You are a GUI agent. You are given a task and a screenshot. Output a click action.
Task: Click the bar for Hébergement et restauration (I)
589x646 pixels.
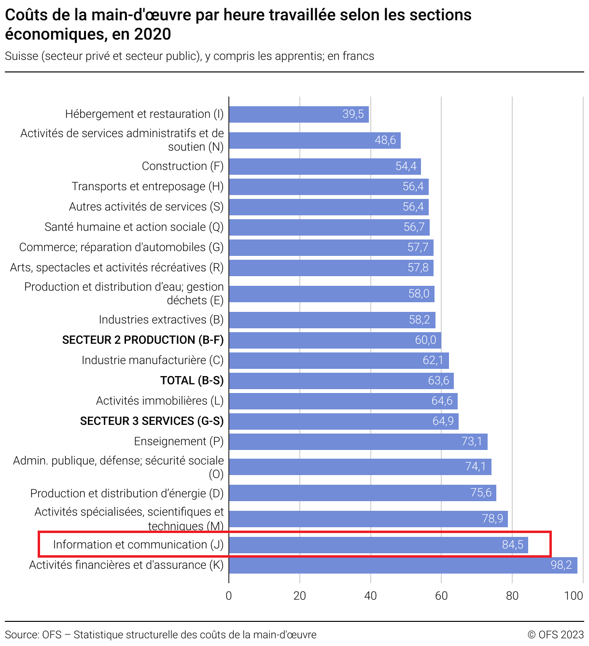click(x=298, y=114)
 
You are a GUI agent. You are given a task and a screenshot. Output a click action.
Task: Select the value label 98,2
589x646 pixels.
click(x=561, y=565)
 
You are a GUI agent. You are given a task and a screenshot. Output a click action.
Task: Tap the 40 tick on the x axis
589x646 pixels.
click(x=370, y=596)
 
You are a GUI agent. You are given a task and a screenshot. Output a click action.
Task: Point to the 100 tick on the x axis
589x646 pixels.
click(x=574, y=596)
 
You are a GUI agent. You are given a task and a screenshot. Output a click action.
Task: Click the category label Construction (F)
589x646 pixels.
click(x=182, y=166)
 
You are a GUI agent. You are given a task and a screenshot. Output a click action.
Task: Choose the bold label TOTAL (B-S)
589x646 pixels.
click(x=192, y=380)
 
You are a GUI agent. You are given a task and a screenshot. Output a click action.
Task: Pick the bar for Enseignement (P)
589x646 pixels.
click(x=358, y=441)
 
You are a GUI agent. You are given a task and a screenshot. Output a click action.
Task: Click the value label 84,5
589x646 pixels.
click(x=512, y=545)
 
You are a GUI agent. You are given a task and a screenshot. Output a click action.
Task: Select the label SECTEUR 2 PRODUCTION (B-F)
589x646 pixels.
click(x=143, y=340)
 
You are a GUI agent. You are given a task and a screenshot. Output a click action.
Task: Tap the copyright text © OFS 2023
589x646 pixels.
click(x=555, y=634)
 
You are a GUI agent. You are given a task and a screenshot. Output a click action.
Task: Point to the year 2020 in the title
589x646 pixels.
click(x=153, y=34)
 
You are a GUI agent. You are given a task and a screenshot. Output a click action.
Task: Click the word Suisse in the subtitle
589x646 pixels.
click(x=22, y=56)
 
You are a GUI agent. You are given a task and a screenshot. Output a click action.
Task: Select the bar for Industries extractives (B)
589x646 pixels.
click(x=332, y=320)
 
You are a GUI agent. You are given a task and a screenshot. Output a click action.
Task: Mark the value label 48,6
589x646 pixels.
click(x=385, y=140)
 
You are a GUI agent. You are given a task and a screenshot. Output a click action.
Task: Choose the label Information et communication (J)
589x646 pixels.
click(x=138, y=545)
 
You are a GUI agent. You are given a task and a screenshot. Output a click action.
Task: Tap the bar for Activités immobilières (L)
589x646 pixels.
click(x=343, y=401)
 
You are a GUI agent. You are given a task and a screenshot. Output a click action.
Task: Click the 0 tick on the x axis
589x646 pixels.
click(x=229, y=596)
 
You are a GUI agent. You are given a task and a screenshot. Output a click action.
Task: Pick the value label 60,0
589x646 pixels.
click(x=425, y=340)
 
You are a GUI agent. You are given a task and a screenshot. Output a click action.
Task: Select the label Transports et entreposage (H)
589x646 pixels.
click(x=147, y=186)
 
